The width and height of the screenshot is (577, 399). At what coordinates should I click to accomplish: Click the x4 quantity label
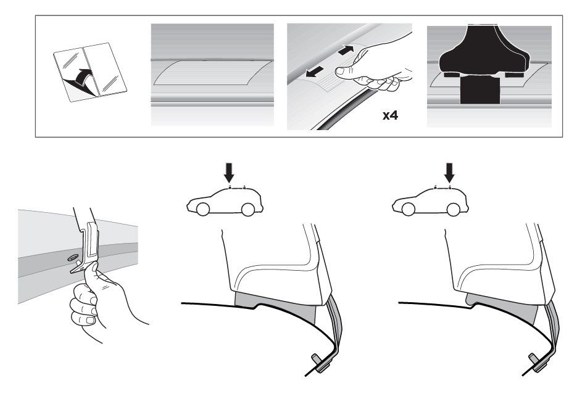[x=390, y=116]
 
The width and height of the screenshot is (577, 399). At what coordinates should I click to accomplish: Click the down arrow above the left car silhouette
[x=229, y=173]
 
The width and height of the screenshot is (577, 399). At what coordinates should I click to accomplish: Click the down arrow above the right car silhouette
[x=449, y=173]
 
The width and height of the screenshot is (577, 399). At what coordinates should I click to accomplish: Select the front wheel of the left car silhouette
[x=203, y=209]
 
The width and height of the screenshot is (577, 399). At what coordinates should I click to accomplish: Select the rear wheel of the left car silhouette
[x=248, y=209]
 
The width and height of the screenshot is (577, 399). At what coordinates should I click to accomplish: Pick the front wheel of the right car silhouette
[x=408, y=209]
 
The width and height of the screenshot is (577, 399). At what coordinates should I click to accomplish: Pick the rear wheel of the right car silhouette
[x=454, y=209]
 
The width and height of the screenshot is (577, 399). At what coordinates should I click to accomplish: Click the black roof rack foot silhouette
[x=484, y=51]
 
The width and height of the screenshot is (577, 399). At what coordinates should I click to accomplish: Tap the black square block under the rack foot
[x=480, y=89]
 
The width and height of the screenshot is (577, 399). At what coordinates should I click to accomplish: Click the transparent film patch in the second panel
[x=212, y=72]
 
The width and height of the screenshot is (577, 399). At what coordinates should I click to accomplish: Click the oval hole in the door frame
[x=72, y=258]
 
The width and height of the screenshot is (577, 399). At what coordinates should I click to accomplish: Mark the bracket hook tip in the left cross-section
[x=315, y=358]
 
